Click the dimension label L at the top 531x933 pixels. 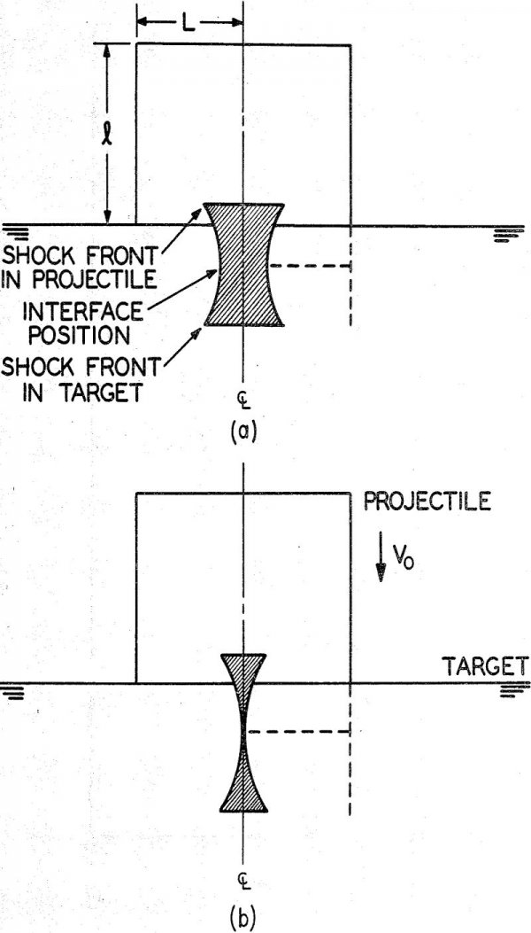(x=189, y=19)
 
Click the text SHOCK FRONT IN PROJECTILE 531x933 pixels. (x=79, y=266)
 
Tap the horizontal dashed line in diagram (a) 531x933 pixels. (x=310, y=265)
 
